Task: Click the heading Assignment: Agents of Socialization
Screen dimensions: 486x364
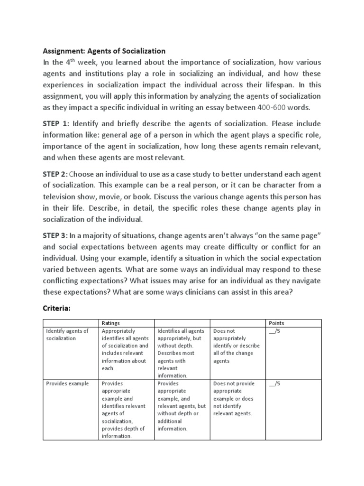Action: click(104, 51)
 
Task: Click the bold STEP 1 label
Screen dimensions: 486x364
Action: click(55, 124)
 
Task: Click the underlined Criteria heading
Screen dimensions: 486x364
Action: click(56, 308)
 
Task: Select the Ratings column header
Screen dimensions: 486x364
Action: click(111, 323)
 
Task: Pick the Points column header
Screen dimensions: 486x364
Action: click(276, 323)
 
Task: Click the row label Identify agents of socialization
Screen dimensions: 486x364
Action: click(67, 335)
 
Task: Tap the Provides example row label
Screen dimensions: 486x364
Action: click(67, 383)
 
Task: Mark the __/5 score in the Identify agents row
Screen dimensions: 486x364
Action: click(274, 331)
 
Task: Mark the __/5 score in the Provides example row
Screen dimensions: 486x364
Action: click(274, 383)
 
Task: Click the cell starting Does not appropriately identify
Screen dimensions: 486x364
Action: click(233, 346)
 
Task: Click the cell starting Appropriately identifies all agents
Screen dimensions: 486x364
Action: click(125, 349)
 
